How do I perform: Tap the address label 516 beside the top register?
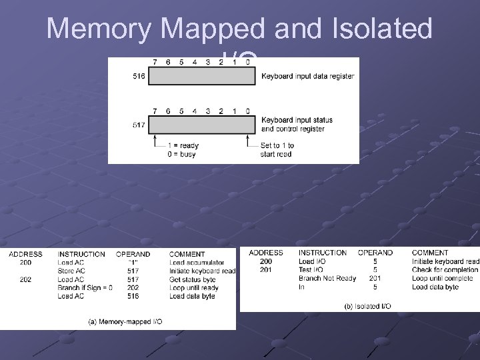[x=139, y=77]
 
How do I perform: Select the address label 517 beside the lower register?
[x=139, y=125]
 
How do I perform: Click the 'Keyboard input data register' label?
[x=307, y=77]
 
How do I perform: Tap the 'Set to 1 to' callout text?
[x=277, y=145]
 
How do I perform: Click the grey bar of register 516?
[x=202, y=77]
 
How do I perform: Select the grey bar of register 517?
[x=202, y=124]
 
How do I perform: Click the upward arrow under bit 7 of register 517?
[x=155, y=139]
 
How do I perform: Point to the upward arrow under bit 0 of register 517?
[x=248, y=139]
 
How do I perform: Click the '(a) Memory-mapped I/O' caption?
[x=125, y=321]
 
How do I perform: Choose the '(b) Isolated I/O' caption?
[x=367, y=305]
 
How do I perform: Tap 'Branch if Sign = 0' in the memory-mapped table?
[x=85, y=287]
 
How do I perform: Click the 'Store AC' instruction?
[x=71, y=271]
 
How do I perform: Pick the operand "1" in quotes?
[x=133, y=263]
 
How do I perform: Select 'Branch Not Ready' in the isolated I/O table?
[x=327, y=278]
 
